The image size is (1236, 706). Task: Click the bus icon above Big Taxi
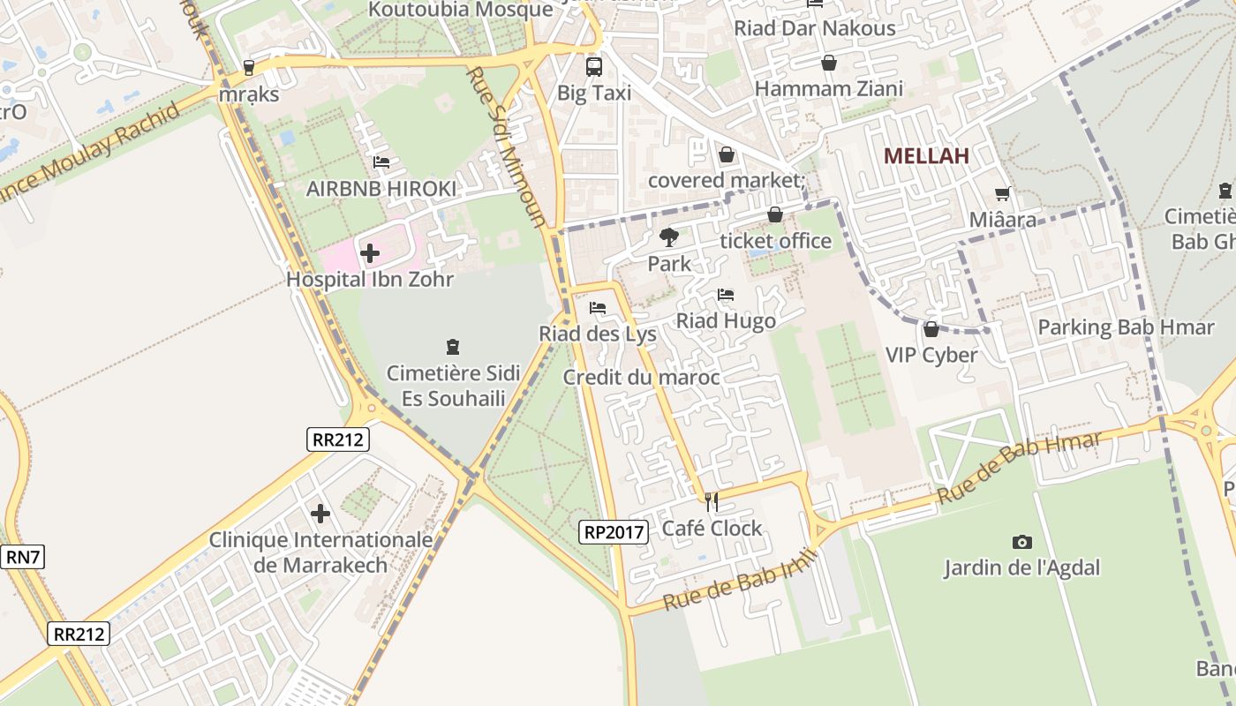pyautogui.click(x=594, y=66)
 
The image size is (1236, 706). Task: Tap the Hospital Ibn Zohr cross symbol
pyautogui.click(x=370, y=254)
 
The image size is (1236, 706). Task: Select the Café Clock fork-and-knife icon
pyautogui.click(x=712, y=502)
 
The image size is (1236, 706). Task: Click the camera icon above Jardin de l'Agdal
pyautogui.click(x=1021, y=542)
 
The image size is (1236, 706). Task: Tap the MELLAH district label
pyautogui.click(x=926, y=156)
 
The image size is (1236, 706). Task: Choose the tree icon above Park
pyautogui.click(x=669, y=237)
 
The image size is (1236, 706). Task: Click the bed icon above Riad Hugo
pyautogui.click(x=726, y=295)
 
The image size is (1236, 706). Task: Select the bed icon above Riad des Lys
pyautogui.click(x=598, y=308)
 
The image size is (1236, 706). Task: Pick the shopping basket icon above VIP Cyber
pyautogui.click(x=931, y=329)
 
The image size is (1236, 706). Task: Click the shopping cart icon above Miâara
pyautogui.click(x=1002, y=193)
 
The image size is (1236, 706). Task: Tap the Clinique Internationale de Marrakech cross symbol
pyautogui.click(x=320, y=513)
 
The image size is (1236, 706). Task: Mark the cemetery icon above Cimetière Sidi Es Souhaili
pyautogui.click(x=453, y=347)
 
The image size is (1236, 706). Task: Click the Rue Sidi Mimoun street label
pyautogui.click(x=508, y=146)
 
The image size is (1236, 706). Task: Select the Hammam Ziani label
pyautogui.click(x=828, y=89)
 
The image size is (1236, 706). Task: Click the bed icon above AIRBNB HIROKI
pyautogui.click(x=381, y=162)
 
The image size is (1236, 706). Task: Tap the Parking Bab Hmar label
pyautogui.click(x=1126, y=327)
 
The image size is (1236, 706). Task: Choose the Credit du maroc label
pyautogui.click(x=642, y=378)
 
